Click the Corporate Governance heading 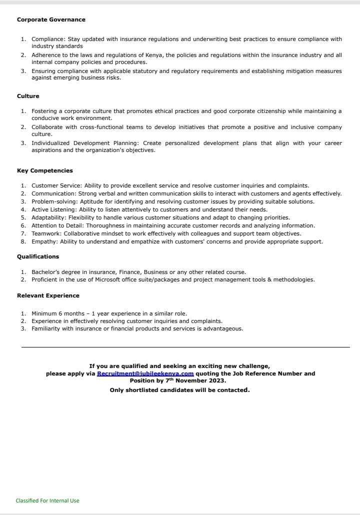pos(51,20)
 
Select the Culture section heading pos(28,96)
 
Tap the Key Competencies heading pos(45,171)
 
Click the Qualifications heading pos(38,256)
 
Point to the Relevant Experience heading pos(48,295)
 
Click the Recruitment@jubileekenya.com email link pos(145,373)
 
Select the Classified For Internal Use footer pos(47,500)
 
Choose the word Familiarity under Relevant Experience pos(46,328)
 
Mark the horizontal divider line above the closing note pos(185,347)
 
